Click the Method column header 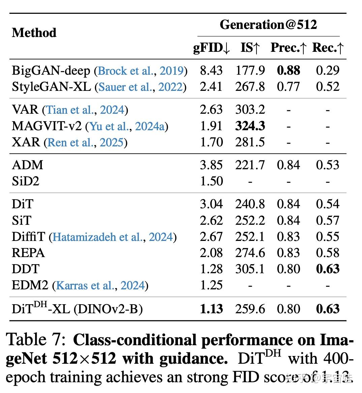pos(34,33)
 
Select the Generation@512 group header pos(268,25)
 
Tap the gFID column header pos(211,48)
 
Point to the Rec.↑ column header pos(328,48)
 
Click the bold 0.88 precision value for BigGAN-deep pos(289,70)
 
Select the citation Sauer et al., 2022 pos(141,87)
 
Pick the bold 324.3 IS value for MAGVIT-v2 pos(250,126)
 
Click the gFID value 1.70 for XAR pos(211,142)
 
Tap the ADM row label pos(28,165)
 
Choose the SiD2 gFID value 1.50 pos(211,181)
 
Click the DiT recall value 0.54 pos(327,204)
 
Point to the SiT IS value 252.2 pos(250,220)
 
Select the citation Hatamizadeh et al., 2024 pos(113,237)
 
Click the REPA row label pos(28,253)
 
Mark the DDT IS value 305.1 pos(250,269)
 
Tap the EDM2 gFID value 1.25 pos(211,285)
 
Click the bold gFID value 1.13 pos(211,309)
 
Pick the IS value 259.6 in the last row pos(250,309)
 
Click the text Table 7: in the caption pos(35,340)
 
